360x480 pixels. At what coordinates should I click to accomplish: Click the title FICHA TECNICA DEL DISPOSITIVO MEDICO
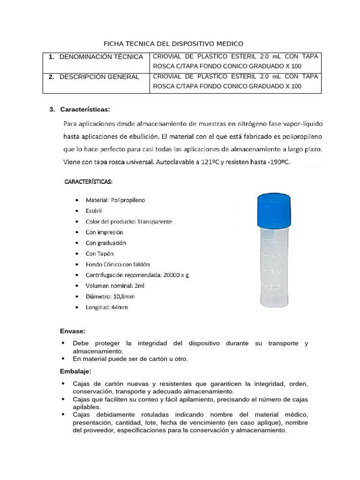pos(173,44)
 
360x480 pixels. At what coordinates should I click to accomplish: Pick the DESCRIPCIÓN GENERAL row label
pos(99,77)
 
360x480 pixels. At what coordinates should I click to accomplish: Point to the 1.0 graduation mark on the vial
pos(276,271)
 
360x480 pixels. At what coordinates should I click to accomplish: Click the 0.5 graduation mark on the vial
pos(276,287)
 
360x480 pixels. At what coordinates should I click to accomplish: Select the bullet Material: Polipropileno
pos(115,200)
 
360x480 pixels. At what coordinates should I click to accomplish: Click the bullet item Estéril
pos(94,211)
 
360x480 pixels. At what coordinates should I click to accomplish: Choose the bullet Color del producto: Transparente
pos(128,221)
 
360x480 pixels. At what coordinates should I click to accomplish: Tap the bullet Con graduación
pos(105,243)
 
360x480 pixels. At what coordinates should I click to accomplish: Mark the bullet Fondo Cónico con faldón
pos(118,264)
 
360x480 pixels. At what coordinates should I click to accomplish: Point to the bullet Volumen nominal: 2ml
pos(115,286)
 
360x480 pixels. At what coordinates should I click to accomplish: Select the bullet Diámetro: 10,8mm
pos(110,297)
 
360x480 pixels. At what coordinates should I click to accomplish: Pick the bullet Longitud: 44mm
pos(106,307)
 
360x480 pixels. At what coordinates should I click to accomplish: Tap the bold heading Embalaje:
pos(75,371)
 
